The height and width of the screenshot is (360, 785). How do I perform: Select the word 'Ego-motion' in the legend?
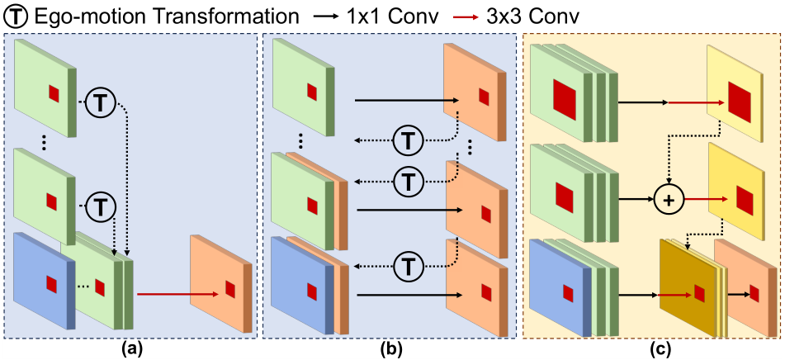[76, 15]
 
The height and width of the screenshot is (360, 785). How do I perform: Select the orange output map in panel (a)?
[221, 282]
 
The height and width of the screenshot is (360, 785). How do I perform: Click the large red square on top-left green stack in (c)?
[564, 95]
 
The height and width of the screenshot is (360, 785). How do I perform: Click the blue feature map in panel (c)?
[561, 289]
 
